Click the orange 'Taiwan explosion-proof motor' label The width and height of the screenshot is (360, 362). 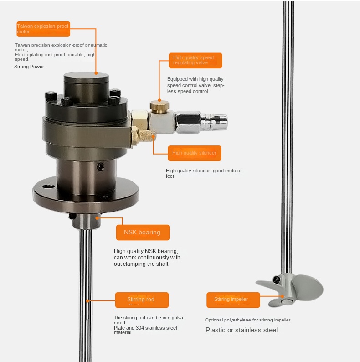pyautogui.click(x=43, y=29)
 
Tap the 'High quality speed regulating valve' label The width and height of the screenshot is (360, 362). pyautogui.click(x=195, y=61)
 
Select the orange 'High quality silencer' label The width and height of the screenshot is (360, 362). pyautogui.click(x=194, y=153)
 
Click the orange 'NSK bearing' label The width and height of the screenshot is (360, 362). pyautogui.click(x=143, y=233)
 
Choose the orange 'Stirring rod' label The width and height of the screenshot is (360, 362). pyautogui.click(x=142, y=300)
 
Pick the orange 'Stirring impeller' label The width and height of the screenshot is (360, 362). pyautogui.click(x=233, y=300)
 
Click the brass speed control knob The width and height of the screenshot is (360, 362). pyautogui.click(x=159, y=106)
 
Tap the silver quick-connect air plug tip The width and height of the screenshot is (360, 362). pyautogui.click(x=219, y=120)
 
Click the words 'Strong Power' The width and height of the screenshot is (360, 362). pyautogui.click(x=29, y=67)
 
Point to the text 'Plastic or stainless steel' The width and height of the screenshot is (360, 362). pyautogui.click(x=242, y=330)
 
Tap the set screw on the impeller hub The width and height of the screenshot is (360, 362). pyautogui.click(x=276, y=280)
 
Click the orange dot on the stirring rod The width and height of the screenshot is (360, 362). pyautogui.click(x=87, y=301)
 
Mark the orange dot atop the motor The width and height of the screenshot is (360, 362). pyautogui.click(x=96, y=73)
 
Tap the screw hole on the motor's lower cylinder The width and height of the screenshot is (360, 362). pyautogui.click(x=100, y=166)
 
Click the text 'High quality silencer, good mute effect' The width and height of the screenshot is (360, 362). pyautogui.click(x=204, y=173)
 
